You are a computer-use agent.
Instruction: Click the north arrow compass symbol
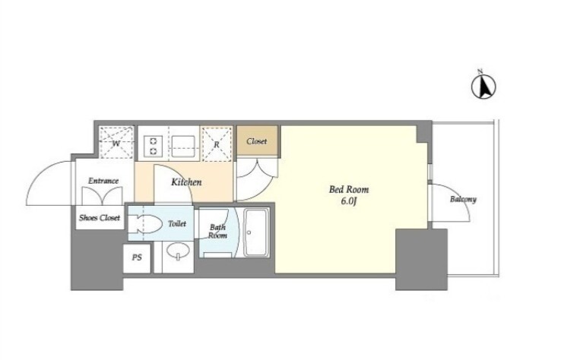[483, 87]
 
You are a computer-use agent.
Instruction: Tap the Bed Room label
[349, 189]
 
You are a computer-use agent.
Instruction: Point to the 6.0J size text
[349, 201]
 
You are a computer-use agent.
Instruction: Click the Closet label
[257, 141]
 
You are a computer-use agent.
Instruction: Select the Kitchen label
[186, 182]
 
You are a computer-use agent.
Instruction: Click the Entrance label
[103, 181]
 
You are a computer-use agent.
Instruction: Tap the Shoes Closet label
[100, 218]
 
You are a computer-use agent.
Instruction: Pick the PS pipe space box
[137, 258]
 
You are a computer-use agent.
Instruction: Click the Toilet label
[177, 223]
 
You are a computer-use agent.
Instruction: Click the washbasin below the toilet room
[177, 251]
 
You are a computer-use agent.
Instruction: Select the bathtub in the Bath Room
[256, 232]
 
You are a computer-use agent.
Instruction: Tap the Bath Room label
[218, 232]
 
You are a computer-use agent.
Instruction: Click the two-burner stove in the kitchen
[154, 147]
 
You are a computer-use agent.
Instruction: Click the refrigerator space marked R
[217, 144]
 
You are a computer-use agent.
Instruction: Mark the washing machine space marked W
[116, 142]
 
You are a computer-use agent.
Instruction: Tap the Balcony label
[463, 199]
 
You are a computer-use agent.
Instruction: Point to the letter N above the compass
[480, 71]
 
